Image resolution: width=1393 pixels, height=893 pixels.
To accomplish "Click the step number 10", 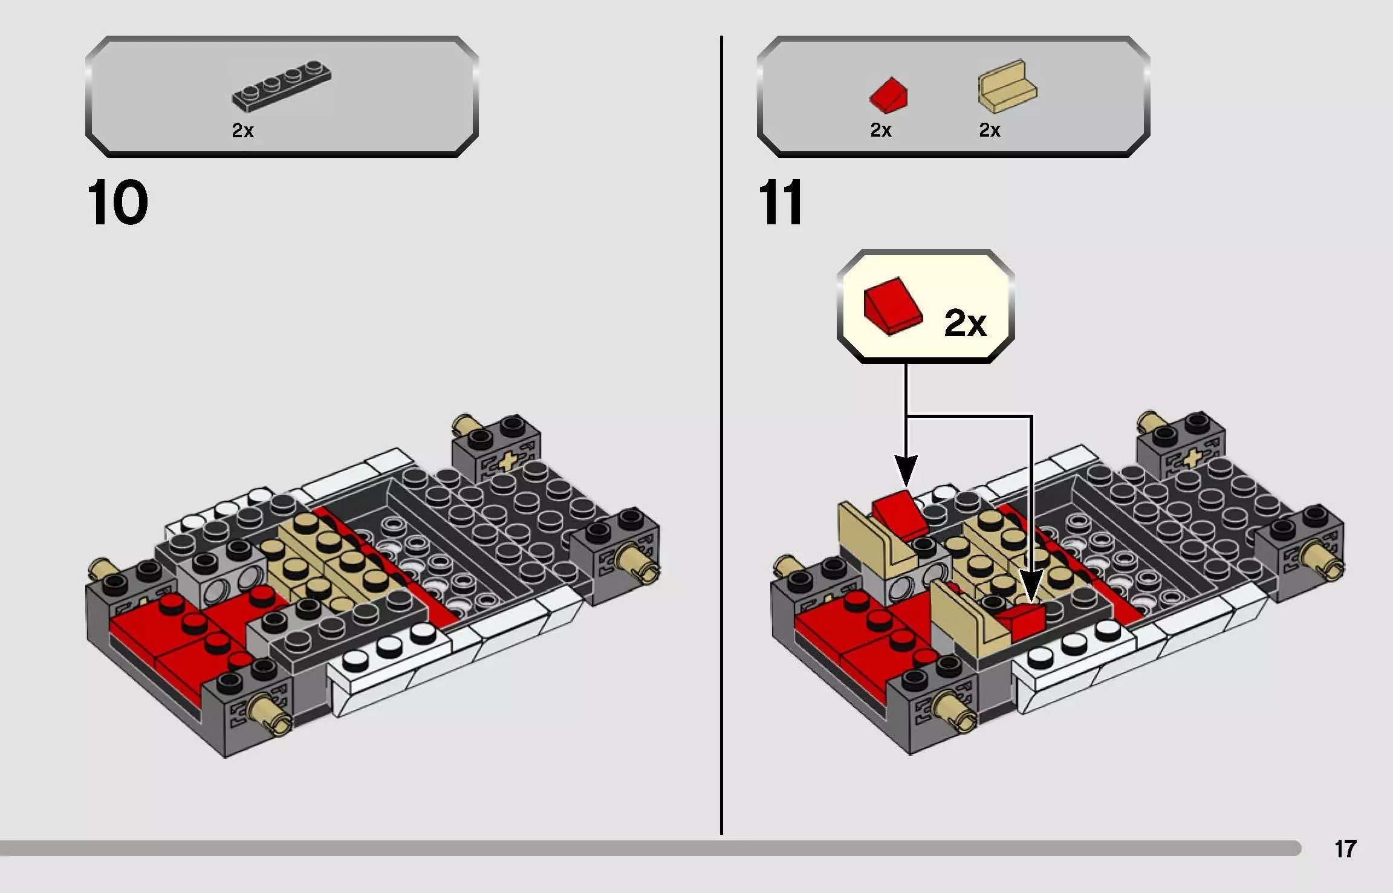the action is click(118, 202).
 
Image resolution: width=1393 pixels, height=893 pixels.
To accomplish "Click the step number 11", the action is click(781, 202).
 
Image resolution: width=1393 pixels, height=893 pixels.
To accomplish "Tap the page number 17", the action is click(1346, 849).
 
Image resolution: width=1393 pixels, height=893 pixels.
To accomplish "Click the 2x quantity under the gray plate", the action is click(243, 130).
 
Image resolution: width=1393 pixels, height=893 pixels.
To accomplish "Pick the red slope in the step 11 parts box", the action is click(888, 95).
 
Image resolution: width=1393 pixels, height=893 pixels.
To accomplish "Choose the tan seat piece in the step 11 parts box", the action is click(1007, 85).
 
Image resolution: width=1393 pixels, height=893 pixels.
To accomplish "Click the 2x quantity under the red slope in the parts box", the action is click(881, 130).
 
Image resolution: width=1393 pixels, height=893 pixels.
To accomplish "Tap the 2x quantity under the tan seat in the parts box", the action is click(990, 130).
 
